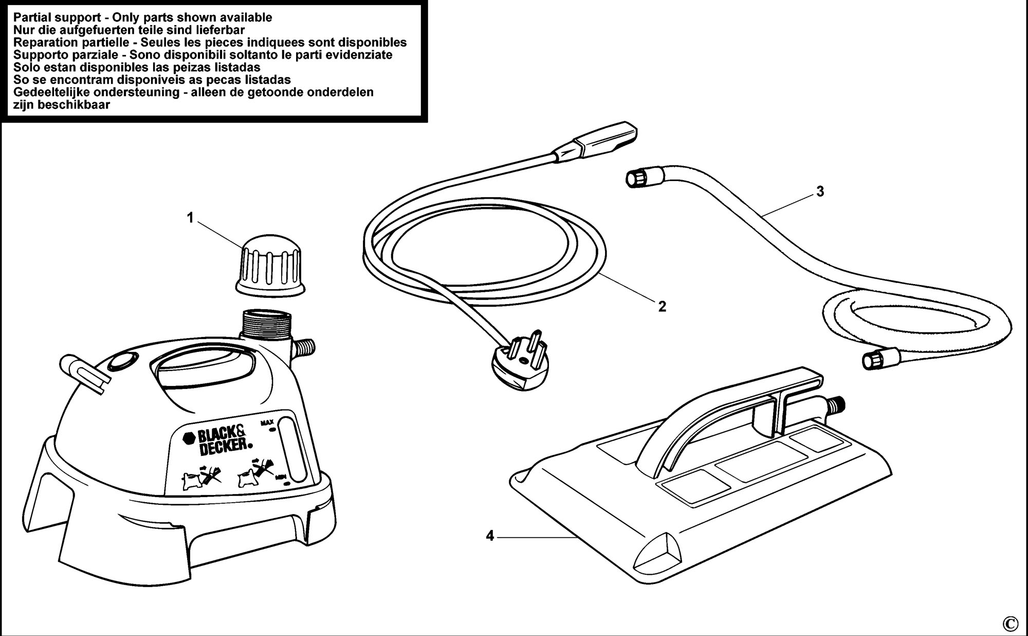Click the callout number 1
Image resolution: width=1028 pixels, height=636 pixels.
point(190,218)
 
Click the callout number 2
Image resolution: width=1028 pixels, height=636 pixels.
point(662,307)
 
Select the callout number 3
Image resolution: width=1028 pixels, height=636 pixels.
point(820,191)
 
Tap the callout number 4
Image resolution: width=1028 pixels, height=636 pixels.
point(490,536)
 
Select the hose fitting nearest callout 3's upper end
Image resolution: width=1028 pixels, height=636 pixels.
point(636,178)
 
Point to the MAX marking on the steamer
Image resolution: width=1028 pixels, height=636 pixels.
point(267,409)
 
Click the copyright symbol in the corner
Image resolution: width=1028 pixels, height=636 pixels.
point(1009,623)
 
